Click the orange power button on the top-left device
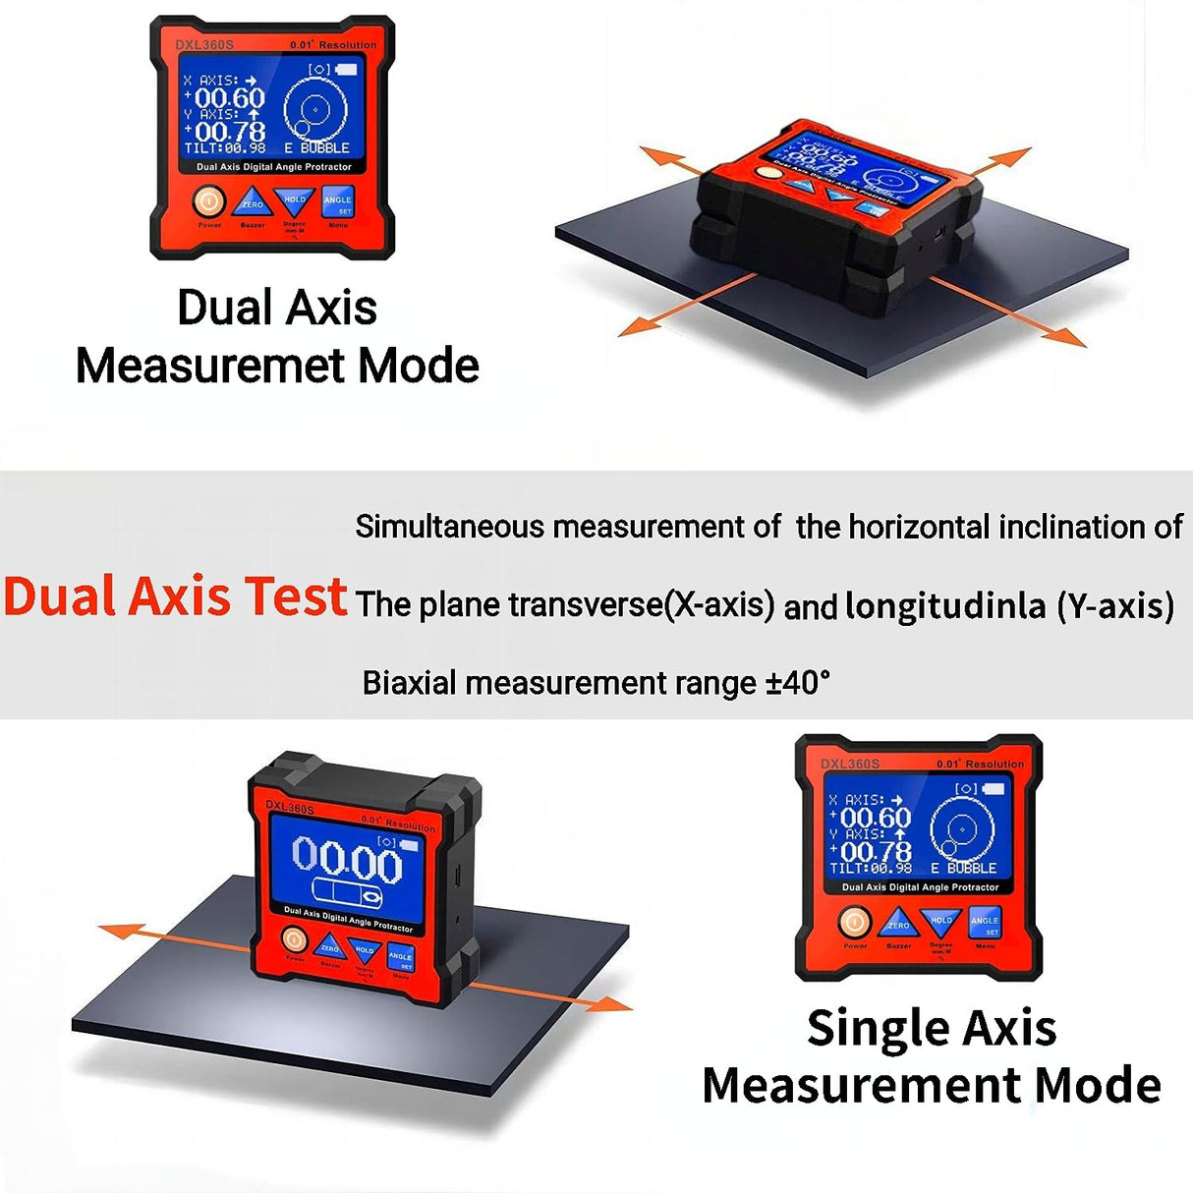pos(208,202)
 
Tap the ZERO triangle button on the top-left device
pos(253,202)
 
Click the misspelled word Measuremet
pos(211,367)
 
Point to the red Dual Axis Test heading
pos(175,596)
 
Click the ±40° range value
pos(797,682)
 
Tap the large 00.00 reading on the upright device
pos(347,860)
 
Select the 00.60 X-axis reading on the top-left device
pos(230,98)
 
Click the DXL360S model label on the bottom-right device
pos(850,764)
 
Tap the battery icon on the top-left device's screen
pos(346,70)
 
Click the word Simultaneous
pos(449,527)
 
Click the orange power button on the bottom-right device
pos(854,923)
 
